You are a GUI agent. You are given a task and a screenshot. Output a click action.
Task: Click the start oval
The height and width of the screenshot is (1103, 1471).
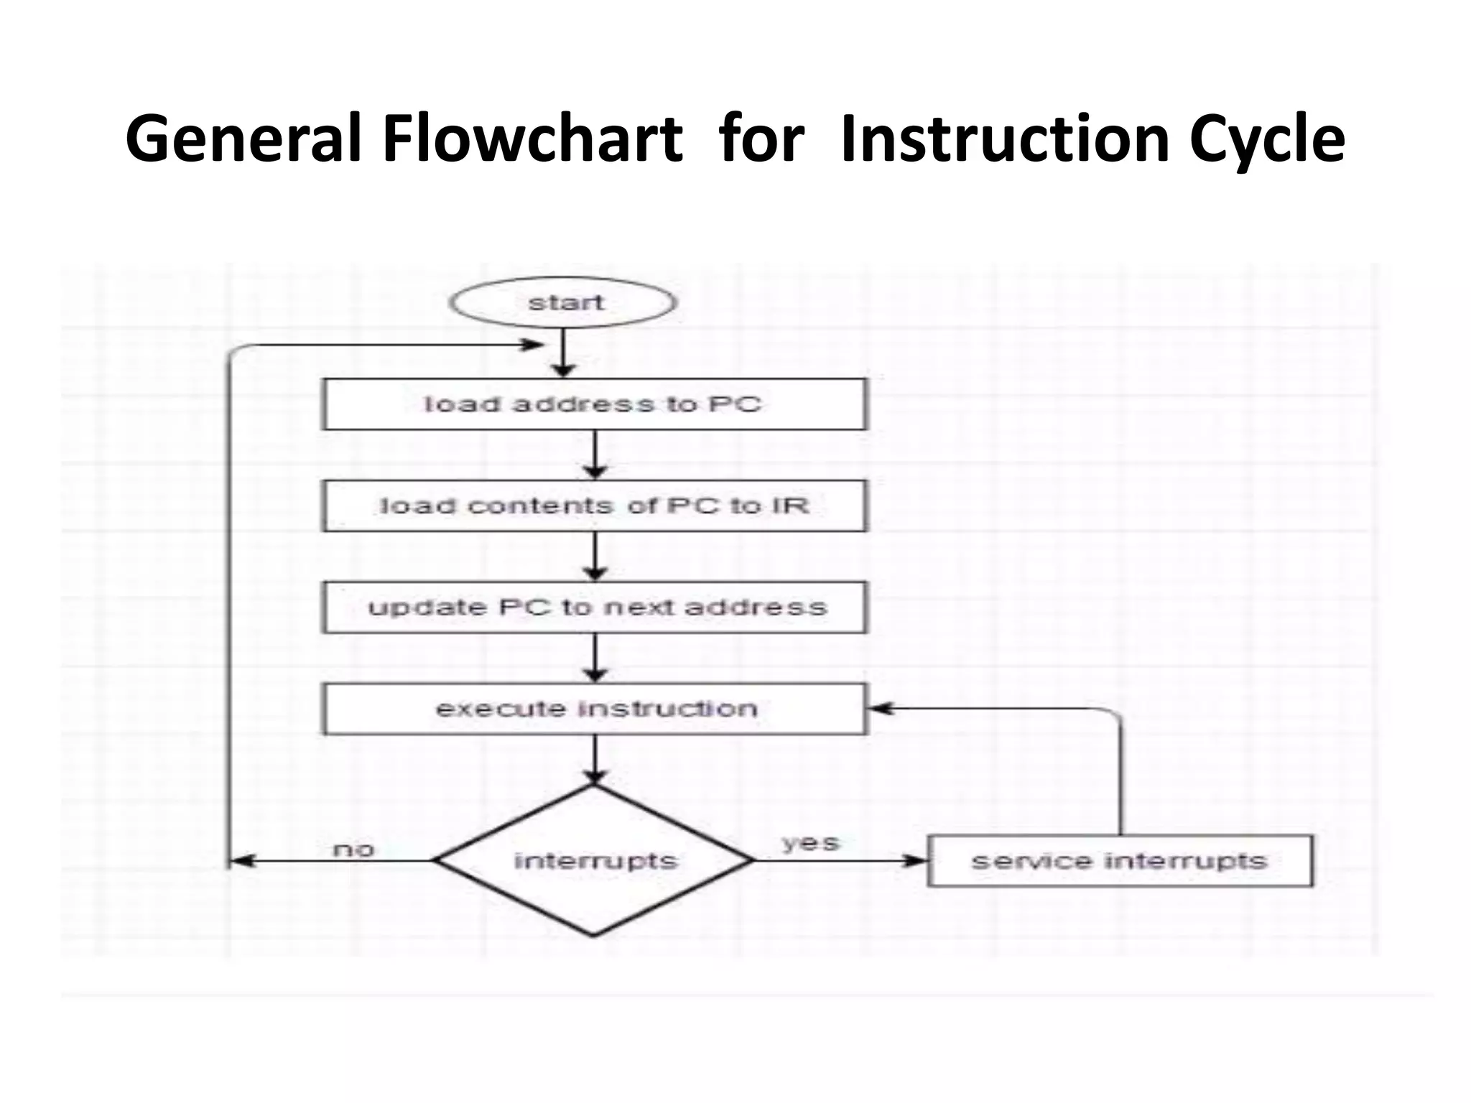click(x=563, y=302)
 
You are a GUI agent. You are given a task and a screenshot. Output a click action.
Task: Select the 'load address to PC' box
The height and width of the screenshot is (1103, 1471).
click(x=594, y=404)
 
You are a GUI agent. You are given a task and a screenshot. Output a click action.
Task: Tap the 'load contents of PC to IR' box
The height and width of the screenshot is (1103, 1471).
click(x=594, y=506)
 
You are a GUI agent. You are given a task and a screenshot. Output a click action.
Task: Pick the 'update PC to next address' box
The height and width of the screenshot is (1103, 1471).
click(x=594, y=608)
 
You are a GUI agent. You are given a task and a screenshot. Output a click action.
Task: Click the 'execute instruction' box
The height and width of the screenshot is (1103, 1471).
click(x=594, y=709)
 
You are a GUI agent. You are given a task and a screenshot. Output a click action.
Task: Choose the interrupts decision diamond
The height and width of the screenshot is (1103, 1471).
click(x=594, y=860)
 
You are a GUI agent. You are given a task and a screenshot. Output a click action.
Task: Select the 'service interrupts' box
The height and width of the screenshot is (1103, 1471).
click(x=1120, y=860)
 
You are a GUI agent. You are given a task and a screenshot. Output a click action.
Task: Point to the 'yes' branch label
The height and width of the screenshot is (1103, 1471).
click(x=810, y=842)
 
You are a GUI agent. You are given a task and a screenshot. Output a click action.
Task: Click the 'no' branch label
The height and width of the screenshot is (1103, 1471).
click(x=353, y=850)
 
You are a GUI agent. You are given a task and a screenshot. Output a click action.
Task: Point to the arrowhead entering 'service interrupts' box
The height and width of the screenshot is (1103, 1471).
click(x=917, y=860)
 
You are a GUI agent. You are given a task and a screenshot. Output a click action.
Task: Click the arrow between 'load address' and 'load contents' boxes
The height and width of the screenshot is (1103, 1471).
click(x=595, y=455)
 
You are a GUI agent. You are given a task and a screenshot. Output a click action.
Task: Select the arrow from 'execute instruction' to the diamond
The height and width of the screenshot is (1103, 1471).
click(x=595, y=760)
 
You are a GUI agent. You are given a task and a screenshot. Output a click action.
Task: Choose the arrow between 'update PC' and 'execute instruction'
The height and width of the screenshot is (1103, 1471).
click(x=595, y=658)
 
